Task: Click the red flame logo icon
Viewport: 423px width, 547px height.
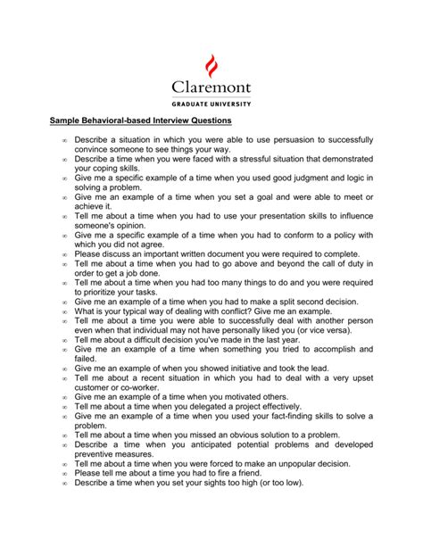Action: pyautogui.click(x=211, y=65)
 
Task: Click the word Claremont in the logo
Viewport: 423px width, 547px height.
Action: pyautogui.click(x=211, y=88)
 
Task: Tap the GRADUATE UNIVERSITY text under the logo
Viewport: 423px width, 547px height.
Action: pyautogui.click(x=211, y=104)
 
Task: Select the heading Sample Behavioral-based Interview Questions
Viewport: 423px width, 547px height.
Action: pyautogui.click(x=140, y=120)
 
